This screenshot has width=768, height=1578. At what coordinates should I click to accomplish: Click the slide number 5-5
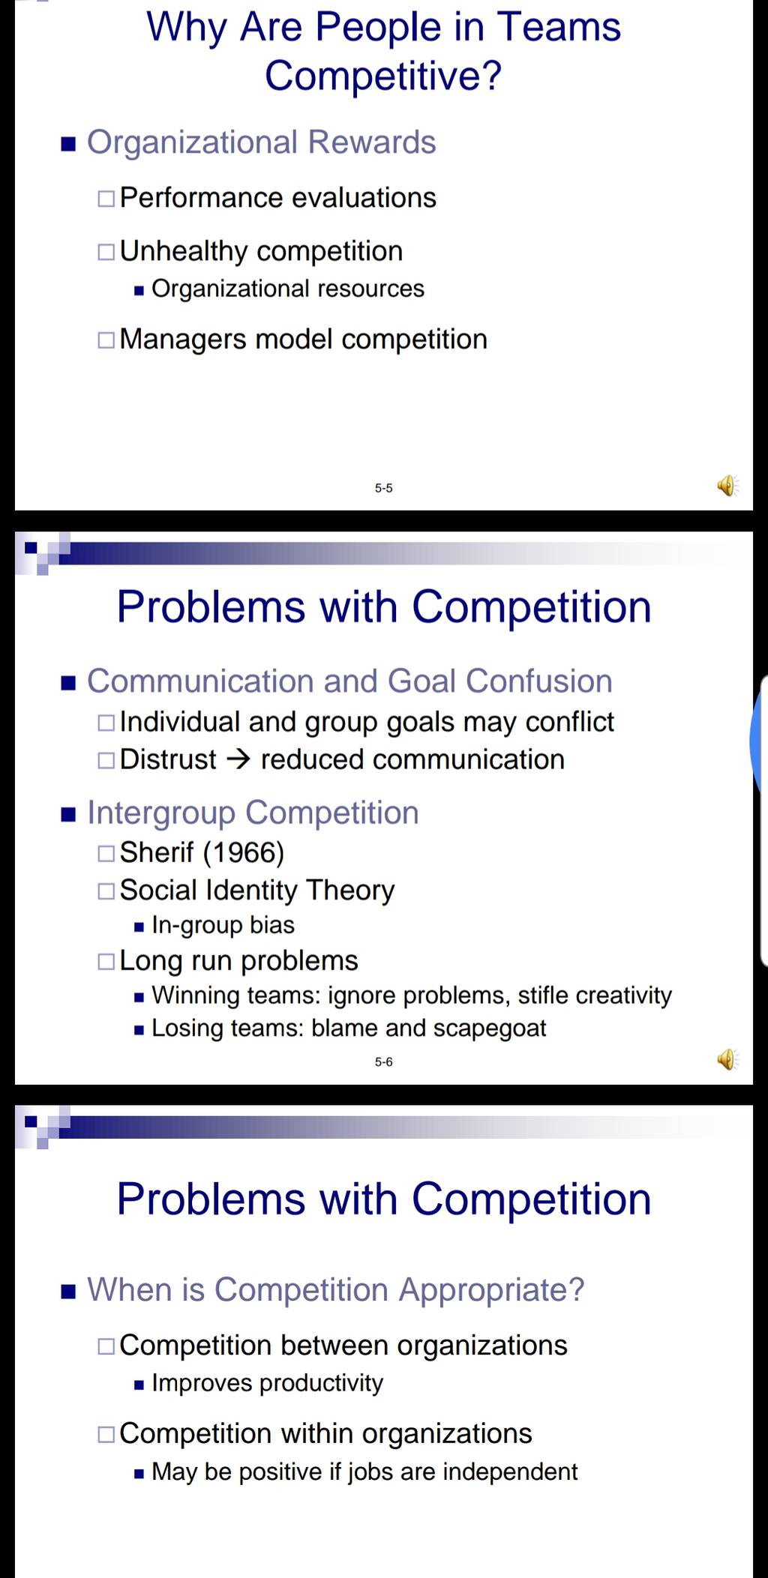tap(383, 488)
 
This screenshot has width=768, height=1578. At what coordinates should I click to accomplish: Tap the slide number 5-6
tap(383, 1061)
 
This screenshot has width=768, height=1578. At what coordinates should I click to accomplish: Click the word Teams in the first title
tap(559, 27)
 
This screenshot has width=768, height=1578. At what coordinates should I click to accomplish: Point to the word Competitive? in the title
tap(383, 76)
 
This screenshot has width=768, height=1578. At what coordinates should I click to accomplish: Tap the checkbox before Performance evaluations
tap(106, 199)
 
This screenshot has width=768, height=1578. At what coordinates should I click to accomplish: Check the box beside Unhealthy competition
tap(106, 252)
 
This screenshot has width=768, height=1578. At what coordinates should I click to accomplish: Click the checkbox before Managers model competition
tap(106, 340)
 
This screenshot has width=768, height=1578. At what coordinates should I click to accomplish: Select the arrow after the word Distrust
tap(238, 760)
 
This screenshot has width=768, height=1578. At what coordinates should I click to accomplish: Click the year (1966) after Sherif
tap(244, 852)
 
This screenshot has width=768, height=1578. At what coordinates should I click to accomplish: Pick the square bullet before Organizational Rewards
tap(69, 144)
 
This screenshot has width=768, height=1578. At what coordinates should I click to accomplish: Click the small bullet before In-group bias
tap(139, 927)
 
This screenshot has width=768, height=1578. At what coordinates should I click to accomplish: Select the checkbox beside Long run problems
tap(106, 962)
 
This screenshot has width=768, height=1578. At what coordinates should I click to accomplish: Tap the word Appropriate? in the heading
tap(491, 1290)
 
